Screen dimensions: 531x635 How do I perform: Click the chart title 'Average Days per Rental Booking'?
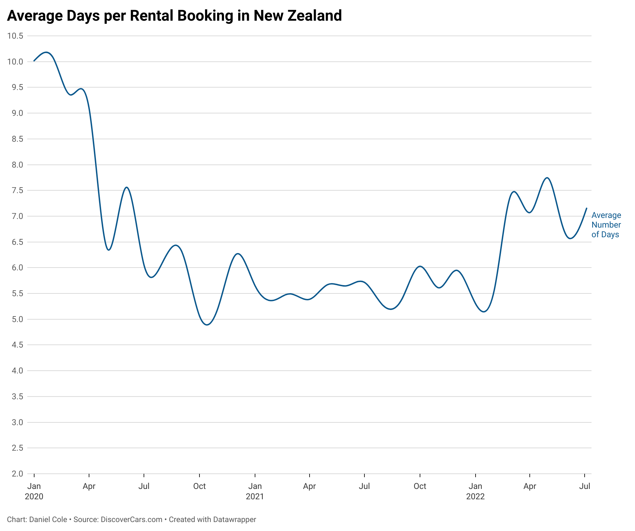[x=174, y=16]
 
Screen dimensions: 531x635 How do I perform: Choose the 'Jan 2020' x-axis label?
[x=34, y=491]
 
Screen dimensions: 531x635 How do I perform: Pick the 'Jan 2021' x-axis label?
[x=255, y=491]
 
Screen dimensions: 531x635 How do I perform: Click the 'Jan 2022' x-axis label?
[x=475, y=491]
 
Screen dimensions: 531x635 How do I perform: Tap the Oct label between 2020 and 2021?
[x=199, y=486]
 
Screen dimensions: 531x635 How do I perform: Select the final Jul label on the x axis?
[x=585, y=486]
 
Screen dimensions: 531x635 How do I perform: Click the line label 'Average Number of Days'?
[x=606, y=225]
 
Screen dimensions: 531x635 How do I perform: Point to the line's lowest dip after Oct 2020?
[x=207, y=325]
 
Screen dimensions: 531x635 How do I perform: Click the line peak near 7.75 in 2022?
[x=547, y=178]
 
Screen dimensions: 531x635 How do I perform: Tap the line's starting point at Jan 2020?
[x=34, y=61]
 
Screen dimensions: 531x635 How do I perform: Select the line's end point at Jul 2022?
[x=586, y=208]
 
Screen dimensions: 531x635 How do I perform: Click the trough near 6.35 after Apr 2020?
[x=109, y=250]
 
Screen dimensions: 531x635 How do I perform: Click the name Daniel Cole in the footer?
[x=48, y=520]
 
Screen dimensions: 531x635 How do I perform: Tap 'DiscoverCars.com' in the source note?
[x=131, y=520]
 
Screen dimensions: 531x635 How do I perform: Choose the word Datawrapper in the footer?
[x=234, y=520]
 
